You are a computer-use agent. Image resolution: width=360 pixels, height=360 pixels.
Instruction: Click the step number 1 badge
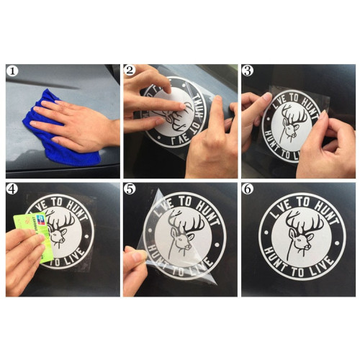pos(12,71)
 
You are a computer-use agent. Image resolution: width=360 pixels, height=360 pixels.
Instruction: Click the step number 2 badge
pos(130,71)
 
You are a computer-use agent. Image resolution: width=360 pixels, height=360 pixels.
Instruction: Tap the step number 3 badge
pos(248,71)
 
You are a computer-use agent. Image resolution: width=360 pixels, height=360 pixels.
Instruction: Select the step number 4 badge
pos(12,189)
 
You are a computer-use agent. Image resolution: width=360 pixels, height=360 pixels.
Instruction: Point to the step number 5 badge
pos(130,189)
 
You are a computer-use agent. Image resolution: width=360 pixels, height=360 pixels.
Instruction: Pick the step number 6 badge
pos(248,189)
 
